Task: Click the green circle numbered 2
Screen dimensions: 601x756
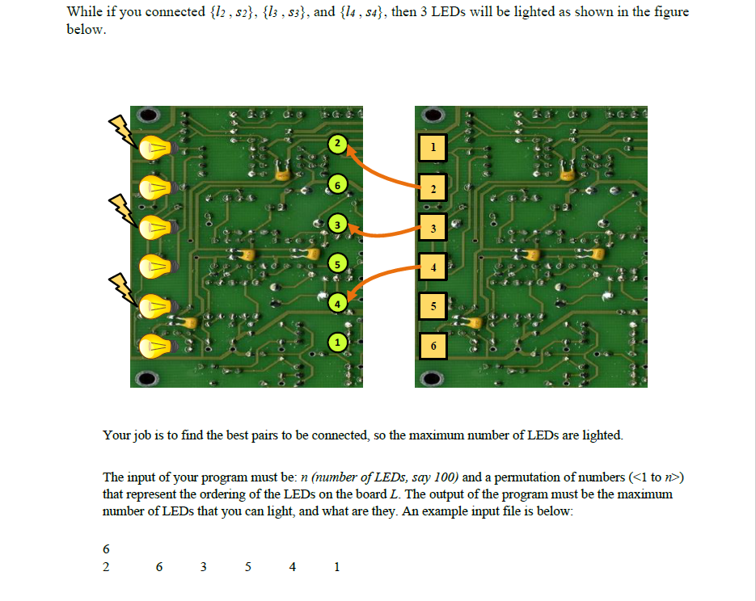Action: click(x=337, y=144)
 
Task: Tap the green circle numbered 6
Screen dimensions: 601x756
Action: click(x=337, y=185)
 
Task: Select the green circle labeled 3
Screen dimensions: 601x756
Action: click(x=337, y=223)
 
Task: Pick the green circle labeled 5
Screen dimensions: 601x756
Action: click(x=337, y=263)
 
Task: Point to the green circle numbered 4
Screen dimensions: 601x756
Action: click(x=337, y=302)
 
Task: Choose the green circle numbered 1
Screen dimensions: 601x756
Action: click(x=337, y=342)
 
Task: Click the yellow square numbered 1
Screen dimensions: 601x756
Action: click(x=433, y=147)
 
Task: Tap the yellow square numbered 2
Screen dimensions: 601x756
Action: click(x=433, y=188)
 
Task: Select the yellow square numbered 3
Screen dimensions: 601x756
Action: click(x=433, y=227)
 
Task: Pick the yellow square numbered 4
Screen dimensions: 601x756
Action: click(x=433, y=266)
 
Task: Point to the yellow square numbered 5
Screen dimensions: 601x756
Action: click(x=433, y=306)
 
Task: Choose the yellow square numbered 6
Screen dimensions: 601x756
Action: click(x=433, y=345)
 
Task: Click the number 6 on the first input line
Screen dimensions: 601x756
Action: click(x=107, y=549)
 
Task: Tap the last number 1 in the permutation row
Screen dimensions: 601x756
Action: click(x=336, y=567)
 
